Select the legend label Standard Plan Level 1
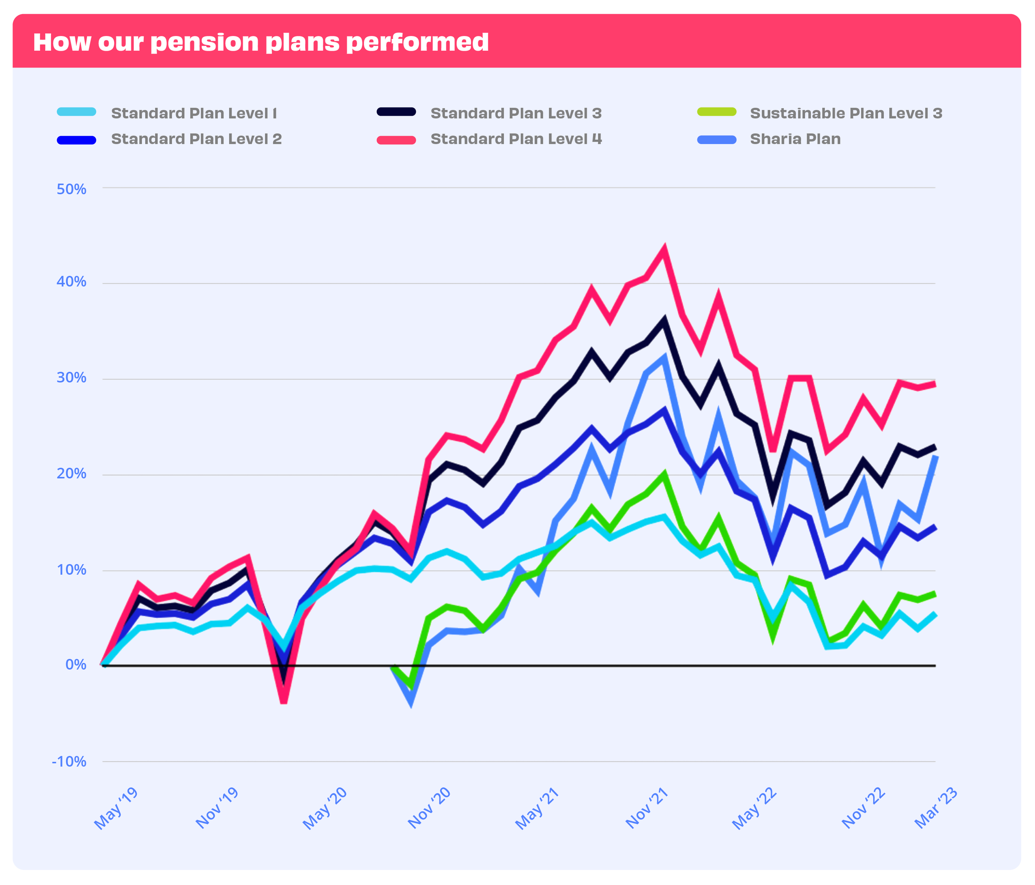tap(194, 113)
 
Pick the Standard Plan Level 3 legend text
tap(516, 113)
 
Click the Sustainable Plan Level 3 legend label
tap(846, 113)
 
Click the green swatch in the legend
tap(716, 112)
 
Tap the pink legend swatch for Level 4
tap(396, 140)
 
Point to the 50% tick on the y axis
tap(71, 189)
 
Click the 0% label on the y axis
tap(76, 665)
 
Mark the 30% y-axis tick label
tap(71, 378)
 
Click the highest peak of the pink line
tap(664, 248)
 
